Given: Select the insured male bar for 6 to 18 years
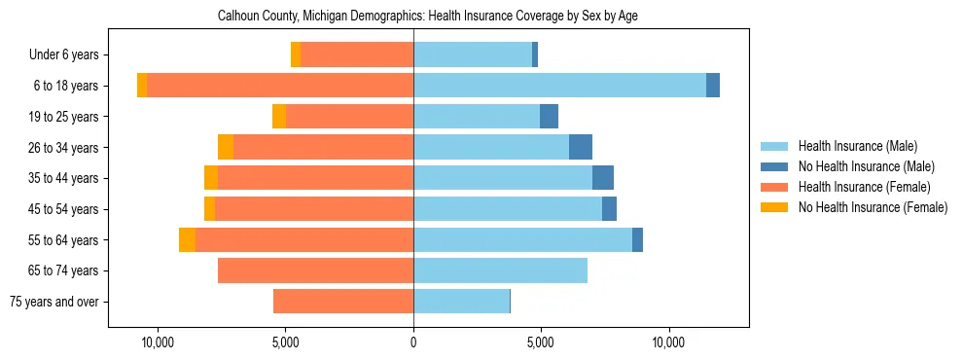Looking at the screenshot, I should click(x=559, y=86).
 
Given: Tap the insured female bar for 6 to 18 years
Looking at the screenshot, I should click(x=280, y=86).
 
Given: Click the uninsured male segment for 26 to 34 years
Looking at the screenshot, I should click(x=581, y=147).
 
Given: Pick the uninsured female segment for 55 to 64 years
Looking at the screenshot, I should click(x=187, y=239).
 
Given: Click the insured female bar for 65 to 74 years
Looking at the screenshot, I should click(x=315, y=270).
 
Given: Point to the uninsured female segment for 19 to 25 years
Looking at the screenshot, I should click(x=279, y=117).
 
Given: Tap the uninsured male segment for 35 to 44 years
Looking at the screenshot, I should click(x=603, y=178).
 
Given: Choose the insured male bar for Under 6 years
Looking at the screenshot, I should click(x=473, y=54).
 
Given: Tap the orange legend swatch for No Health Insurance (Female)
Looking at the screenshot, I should click(x=774, y=207).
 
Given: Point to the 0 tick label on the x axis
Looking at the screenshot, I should click(x=413, y=342).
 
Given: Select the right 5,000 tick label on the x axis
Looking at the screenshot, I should click(x=541, y=342).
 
